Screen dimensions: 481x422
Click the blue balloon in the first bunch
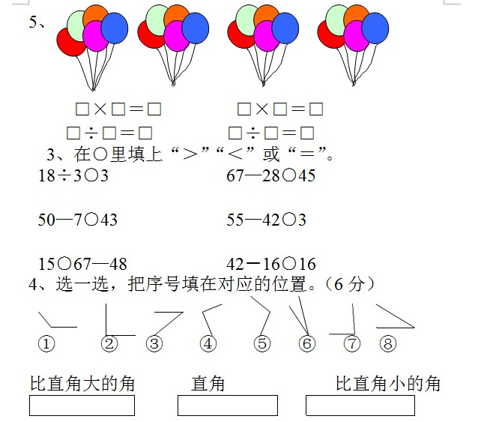115,28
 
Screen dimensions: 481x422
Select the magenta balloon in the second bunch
176,35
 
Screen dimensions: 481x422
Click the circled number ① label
46,343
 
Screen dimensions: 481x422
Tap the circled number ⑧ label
388,343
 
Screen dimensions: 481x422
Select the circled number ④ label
208,343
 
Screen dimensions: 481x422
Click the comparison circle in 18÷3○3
91,176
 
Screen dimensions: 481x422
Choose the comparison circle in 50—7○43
91,220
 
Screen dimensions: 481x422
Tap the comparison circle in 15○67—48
64,264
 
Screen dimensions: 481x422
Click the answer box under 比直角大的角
82,406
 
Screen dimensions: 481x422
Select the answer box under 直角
228,406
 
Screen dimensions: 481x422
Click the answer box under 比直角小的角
360,406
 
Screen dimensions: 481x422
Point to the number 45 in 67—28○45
306,176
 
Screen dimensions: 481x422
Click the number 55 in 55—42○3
235,220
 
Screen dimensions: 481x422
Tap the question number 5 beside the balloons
33,22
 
